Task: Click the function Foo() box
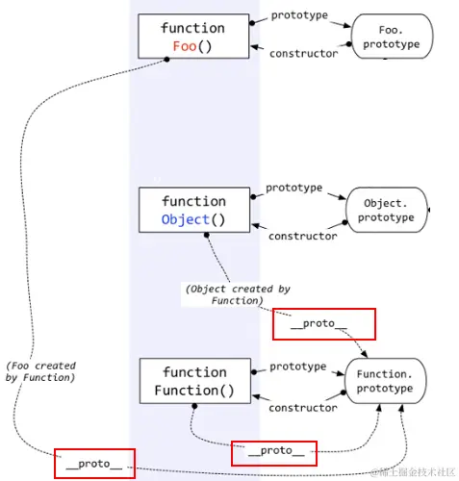tap(192, 37)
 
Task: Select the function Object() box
tap(193, 210)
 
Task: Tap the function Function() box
tap(194, 381)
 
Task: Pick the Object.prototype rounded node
tap(388, 210)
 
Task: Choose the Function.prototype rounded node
tap(385, 381)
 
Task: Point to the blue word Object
tap(186, 219)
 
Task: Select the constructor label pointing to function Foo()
tap(303, 54)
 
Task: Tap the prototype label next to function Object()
tap(294, 188)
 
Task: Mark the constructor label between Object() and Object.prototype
tap(302, 236)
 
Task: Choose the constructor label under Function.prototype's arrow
tap(302, 408)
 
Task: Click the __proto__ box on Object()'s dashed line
tap(324, 324)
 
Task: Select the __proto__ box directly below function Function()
tap(274, 450)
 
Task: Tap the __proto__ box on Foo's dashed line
tap(94, 464)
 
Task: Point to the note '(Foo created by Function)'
tap(39, 372)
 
